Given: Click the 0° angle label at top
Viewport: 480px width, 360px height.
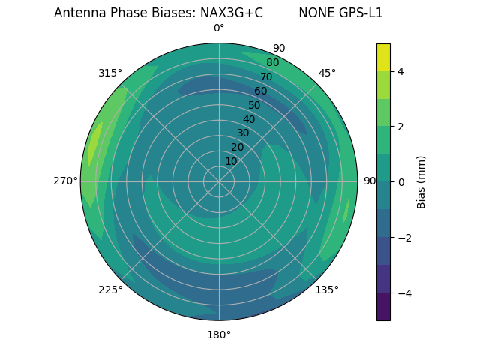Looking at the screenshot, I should tap(219, 28).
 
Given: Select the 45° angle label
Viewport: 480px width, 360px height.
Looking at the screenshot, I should tap(327, 73).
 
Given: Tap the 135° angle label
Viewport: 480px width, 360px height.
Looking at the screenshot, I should tap(327, 289).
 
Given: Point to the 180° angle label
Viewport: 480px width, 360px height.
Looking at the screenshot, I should tap(219, 334).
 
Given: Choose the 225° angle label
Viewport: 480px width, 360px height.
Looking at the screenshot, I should tap(110, 289).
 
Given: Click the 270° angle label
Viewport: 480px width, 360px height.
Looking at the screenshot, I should tap(65, 181).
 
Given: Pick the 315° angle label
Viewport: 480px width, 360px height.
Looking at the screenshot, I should tap(110, 73).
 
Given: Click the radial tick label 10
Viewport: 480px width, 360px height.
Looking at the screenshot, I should tap(231, 161).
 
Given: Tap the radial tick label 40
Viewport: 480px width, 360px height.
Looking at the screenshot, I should tap(249, 119).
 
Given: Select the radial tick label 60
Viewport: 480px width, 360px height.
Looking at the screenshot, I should tap(261, 91).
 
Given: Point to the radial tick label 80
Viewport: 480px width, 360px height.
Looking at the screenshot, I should tap(273, 62).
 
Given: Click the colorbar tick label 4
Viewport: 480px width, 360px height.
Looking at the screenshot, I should tap(400, 71).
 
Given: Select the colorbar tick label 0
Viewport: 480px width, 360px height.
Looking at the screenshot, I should tap(400, 182).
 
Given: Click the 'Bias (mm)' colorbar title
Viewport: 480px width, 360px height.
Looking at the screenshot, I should tap(421, 182).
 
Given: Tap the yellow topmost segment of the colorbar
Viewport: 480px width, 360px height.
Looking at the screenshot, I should tap(383, 57).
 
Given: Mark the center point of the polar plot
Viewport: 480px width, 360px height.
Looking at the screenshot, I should tap(219, 181).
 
